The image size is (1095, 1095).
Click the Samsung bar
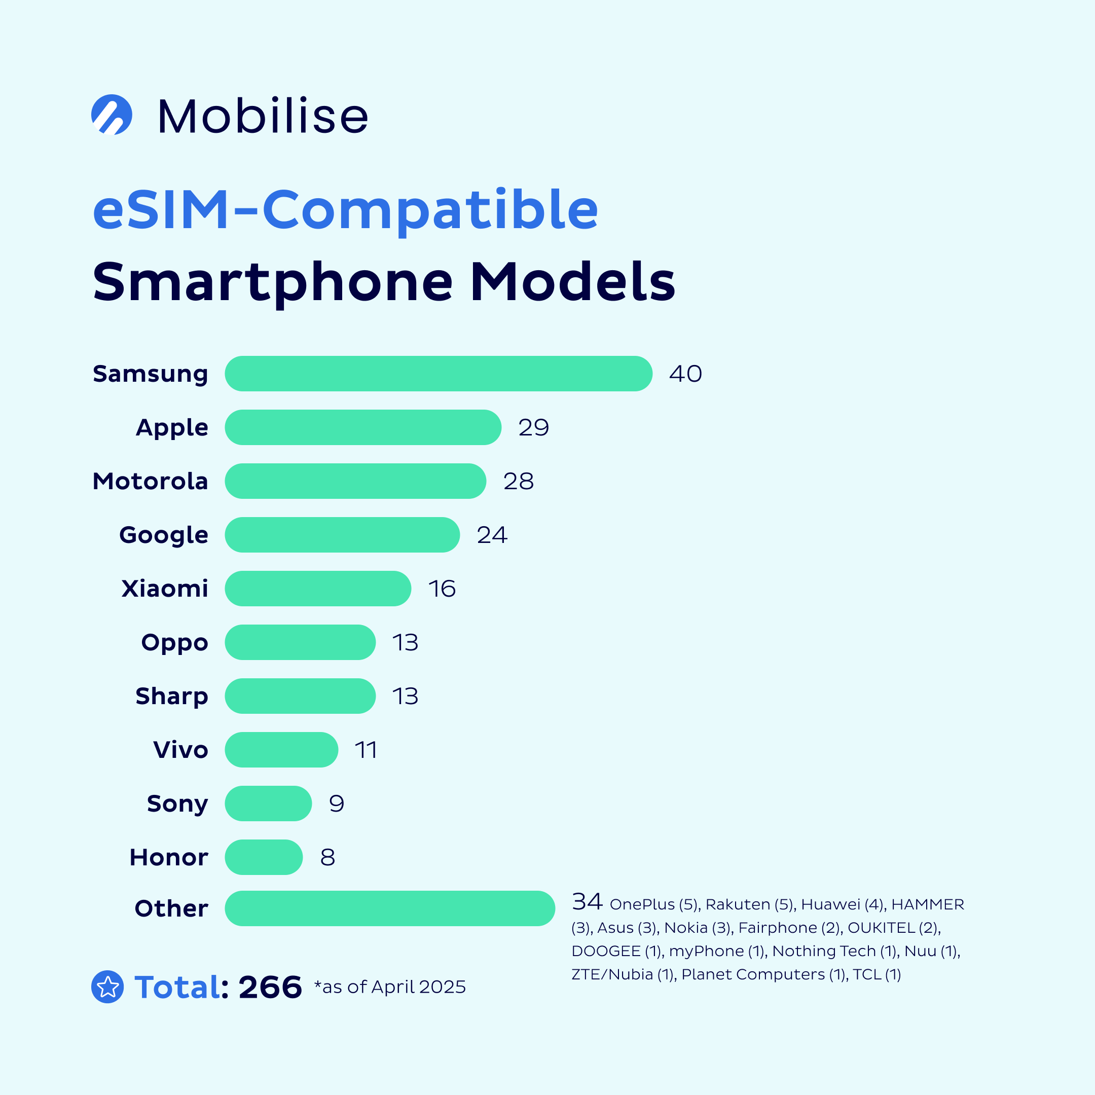pyautogui.click(x=438, y=374)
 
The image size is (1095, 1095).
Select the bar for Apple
pyautogui.click(x=363, y=427)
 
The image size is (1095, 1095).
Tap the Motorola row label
pyautogui.click(x=150, y=481)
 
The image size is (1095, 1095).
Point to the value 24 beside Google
pyautogui.click(x=491, y=535)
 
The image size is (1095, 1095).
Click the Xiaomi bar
pyautogui.click(x=317, y=588)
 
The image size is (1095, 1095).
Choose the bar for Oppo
pyautogui.click(x=300, y=642)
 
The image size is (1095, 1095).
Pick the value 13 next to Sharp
pyautogui.click(x=405, y=696)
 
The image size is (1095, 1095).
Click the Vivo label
pyautogui.click(x=180, y=750)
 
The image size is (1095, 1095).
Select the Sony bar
pyautogui.click(x=268, y=803)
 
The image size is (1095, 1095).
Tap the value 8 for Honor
pyautogui.click(x=327, y=857)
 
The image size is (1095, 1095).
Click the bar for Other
pyautogui.click(x=389, y=908)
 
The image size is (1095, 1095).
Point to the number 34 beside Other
pyautogui.click(x=587, y=902)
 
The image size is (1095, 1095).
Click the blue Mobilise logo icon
pyautogui.click(x=112, y=115)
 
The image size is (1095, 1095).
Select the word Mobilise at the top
pyautogui.click(x=263, y=116)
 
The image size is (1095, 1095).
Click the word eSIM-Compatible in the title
pyautogui.click(x=345, y=209)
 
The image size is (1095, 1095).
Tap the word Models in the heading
pyautogui.click(x=572, y=282)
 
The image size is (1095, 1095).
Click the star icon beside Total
pyautogui.click(x=107, y=987)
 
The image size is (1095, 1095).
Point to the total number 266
pyautogui.click(x=270, y=987)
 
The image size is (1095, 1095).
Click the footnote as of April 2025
pyautogui.click(x=390, y=987)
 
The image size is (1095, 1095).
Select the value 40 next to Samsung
pyautogui.click(x=685, y=374)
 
